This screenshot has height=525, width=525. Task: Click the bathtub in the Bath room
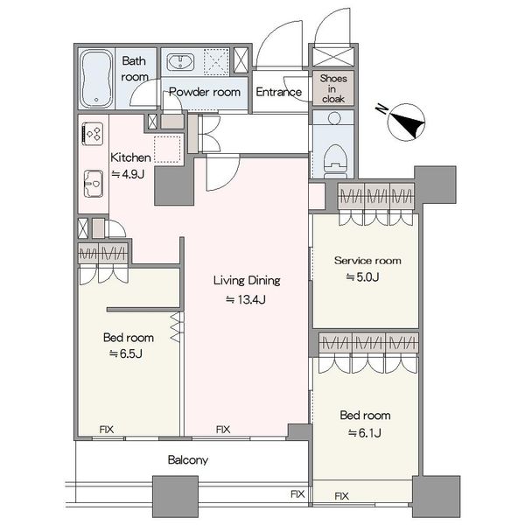click(x=96, y=79)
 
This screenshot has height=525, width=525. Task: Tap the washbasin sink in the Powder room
click(x=181, y=62)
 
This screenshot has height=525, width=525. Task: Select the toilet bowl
click(x=335, y=161)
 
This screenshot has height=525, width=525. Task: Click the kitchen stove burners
click(x=93, y=134)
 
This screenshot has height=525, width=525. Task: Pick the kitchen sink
click(x=93, y=184)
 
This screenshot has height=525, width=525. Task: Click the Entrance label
click(x=278, y=92)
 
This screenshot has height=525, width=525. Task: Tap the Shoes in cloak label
click(x=333, y=88)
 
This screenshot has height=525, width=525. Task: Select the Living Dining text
click(x=247, y=281)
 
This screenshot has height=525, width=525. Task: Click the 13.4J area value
click(x=245, y=299)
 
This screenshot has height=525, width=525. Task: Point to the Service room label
click(x=367, y=261)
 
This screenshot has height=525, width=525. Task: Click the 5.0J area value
click(x=362, y=277)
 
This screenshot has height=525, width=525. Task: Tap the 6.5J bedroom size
click(x=126, y=353)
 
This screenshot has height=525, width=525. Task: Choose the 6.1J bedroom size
click(x=365, y=433)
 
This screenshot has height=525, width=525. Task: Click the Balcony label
click(x=188, y=460)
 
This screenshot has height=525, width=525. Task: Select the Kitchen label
click(x=130, y=157)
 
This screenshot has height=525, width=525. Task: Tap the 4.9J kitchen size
click(x=128, y=174)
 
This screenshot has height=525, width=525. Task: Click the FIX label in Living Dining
click(x=223, y=430)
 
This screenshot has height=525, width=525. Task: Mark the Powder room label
click(x=205, y=92)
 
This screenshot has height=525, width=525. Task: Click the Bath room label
click(x=134, y=69)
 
